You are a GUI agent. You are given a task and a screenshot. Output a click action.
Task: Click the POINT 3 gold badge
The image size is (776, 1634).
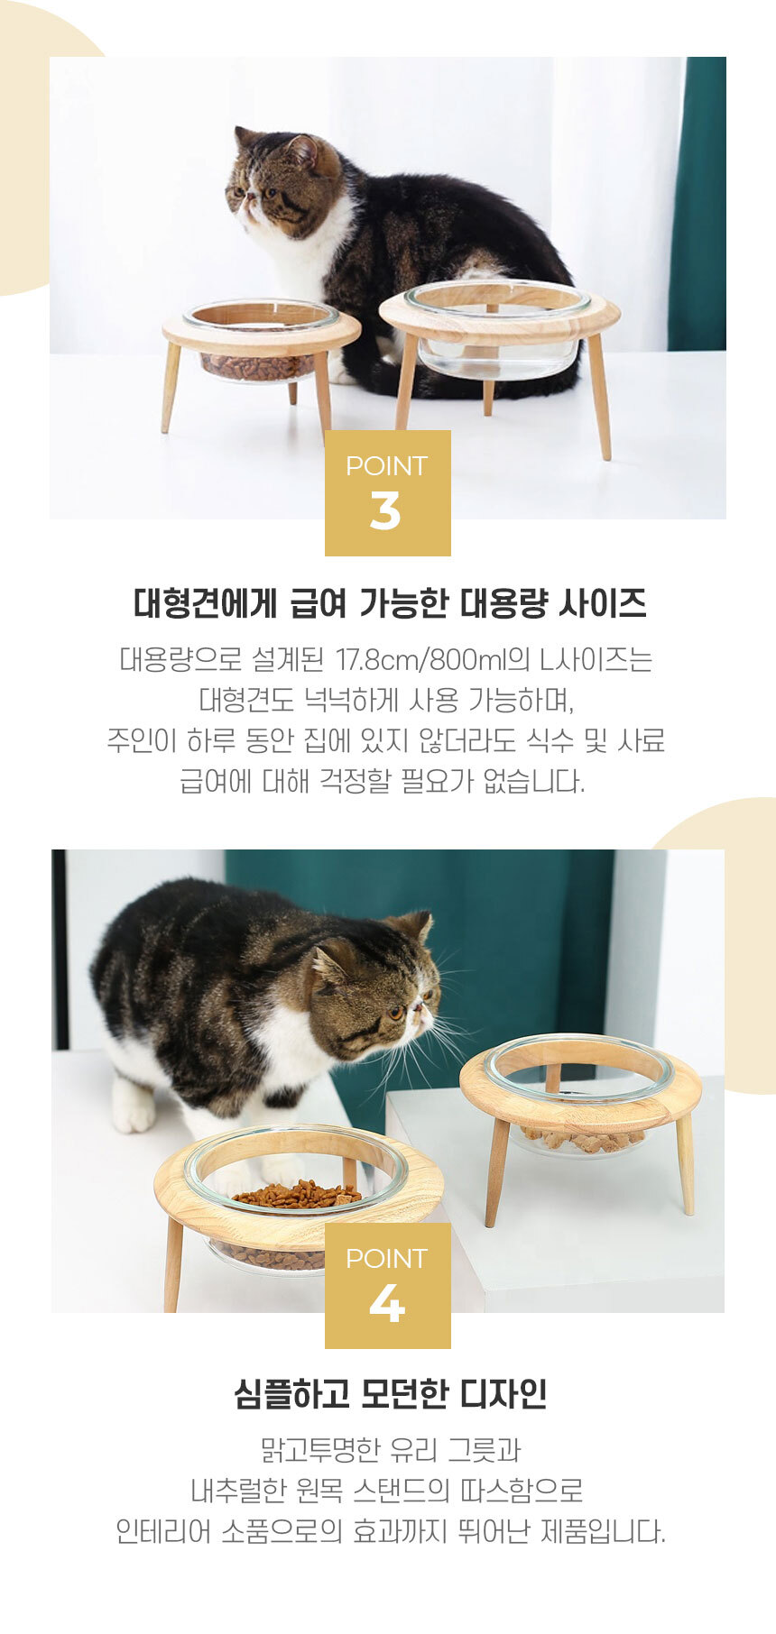coord(388,492)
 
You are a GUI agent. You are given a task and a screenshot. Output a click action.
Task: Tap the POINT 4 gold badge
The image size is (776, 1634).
coord(388,1285)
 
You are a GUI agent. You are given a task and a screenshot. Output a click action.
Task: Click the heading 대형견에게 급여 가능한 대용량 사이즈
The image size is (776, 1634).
coord(390,602)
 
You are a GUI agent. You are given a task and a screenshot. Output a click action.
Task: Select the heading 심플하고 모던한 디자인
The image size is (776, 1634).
coord(390,1394)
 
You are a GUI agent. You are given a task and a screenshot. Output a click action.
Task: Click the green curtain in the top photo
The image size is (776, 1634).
coord(697,204)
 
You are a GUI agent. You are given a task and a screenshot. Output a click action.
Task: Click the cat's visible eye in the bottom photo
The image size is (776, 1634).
coord(395,1012)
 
